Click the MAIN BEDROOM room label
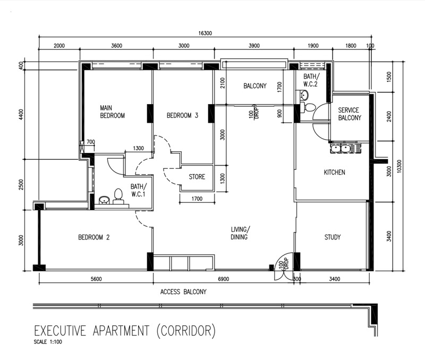[x=112, y=112]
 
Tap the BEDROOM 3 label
[x=182, y=115]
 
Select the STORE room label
[x=197, y=177]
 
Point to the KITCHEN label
[x=335, y=172]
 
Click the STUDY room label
[x=333, y=237]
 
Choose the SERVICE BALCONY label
[x=350, y=114]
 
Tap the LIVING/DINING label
[x=240, y=233]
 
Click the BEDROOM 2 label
[x=94, y=237]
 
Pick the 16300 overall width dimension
[x=205, y=33]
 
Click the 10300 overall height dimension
[x=399, y=166]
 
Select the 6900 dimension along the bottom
[x=223, y=279]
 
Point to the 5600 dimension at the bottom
[x=96, y=279]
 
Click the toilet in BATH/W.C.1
[x=118, y=196]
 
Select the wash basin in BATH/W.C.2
[x=304, y=95]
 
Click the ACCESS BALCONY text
[x=183, y=292]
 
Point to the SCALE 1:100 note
[x=48, y=342]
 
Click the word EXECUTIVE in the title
[x=60, y=331]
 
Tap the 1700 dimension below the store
[x=197, y=199]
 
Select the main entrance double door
[x=284, y=266]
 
